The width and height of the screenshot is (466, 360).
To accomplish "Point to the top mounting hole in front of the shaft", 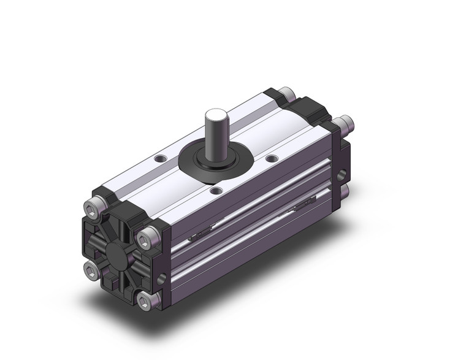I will [215, 191].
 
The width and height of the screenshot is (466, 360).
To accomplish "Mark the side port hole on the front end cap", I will [161, 279].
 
